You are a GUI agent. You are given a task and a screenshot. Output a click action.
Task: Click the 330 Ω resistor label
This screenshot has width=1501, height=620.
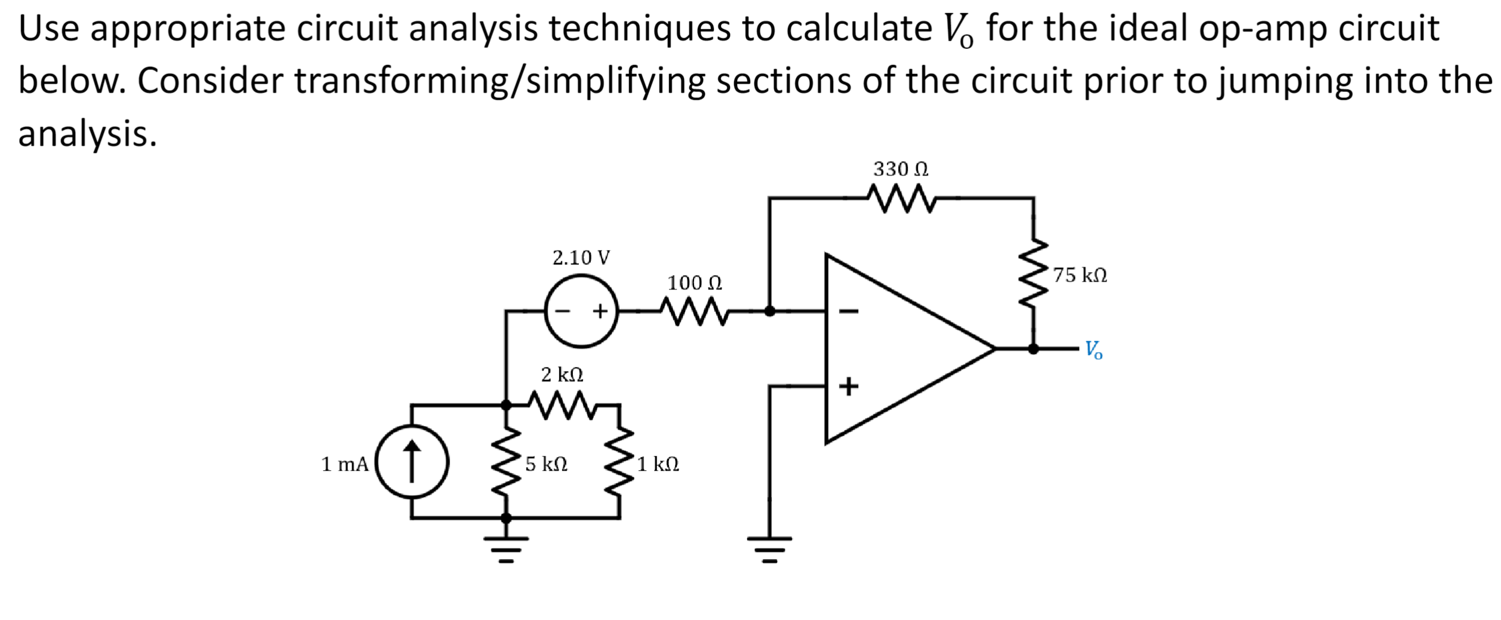pyautogui.click(x=900, y=169)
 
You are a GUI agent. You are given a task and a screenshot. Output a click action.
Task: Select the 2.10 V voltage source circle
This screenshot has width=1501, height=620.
pyautogui.click(x=581, y=311)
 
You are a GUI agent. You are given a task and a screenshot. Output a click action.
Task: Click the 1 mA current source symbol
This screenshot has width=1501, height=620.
pyautogui.click(x=412, y=462)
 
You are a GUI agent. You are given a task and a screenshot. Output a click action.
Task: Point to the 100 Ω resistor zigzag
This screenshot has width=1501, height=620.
pyautogui.click(x=694, y=311)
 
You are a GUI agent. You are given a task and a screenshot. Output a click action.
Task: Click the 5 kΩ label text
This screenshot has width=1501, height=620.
pyautogui.click(x=546, y=464)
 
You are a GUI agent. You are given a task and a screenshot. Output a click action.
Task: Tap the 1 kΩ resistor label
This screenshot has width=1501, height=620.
pyautogui.click(x=658, y=464)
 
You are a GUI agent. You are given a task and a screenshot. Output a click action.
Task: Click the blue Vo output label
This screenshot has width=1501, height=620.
pyautogui.click(x=1093, y=350)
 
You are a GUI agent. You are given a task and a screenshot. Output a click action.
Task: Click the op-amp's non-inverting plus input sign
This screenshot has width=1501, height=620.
pyautogui.click(x=849, y=387)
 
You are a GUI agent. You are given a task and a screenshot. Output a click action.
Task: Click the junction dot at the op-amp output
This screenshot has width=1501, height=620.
pyautogui.click(x=1033, y=348)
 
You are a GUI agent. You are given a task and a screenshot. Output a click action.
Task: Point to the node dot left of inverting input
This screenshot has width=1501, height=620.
pyautogui.click(x=770, y=311)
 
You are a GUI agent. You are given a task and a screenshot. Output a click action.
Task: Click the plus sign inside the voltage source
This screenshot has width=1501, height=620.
pyautogui.click(x=600, y=311)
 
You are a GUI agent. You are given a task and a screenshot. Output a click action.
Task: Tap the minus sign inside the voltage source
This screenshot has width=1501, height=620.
pyautogui.click(x=563, y=311)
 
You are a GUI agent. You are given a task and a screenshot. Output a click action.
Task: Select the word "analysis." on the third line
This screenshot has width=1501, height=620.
pyautogui.click(x=88, y=134)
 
